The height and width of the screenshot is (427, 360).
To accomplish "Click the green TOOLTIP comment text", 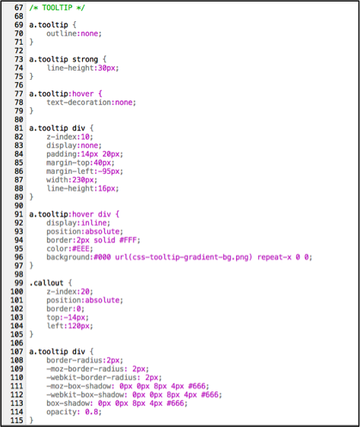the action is (57, 8).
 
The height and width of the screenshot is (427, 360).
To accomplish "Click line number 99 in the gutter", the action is (19, 283).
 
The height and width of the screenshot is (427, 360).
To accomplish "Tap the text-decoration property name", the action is (79, 103).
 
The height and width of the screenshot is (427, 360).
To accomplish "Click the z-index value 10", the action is (85, 137).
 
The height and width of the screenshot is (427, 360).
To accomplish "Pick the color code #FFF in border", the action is (128, 240).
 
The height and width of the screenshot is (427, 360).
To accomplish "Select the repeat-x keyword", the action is (274, 258).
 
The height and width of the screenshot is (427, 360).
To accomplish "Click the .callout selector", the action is (46, 283).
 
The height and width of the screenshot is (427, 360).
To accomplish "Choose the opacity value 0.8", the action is (91, 412).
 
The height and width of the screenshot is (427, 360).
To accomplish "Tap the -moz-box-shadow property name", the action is (79, 386).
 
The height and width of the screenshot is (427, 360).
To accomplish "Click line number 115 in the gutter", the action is (17, 420).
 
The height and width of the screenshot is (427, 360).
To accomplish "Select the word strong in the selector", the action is (85, 59).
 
